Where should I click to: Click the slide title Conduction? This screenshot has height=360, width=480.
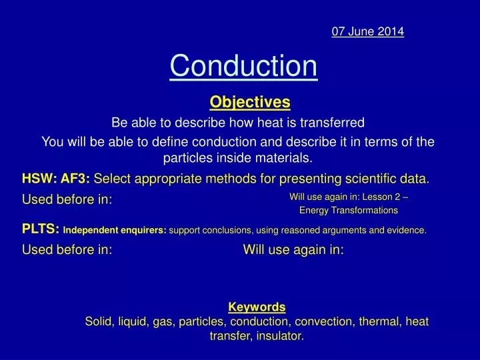click(x=243, y=66)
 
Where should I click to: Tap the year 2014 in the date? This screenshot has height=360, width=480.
click(x=391, y=31)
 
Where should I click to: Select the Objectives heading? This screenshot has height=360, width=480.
click(x=250, y=102)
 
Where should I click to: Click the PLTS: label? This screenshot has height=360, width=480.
click(x=41, y=230)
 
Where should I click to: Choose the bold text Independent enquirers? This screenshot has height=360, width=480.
click(x=115, y=231)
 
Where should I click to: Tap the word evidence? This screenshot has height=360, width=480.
click(x=403, y=231)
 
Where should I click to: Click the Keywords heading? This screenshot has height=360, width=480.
click(x=257, y=307)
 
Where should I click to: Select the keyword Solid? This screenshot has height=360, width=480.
click(x=99, y=321)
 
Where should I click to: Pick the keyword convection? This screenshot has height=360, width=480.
click(x=327, y=321)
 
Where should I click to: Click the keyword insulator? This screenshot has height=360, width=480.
click(x=279, y=337)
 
